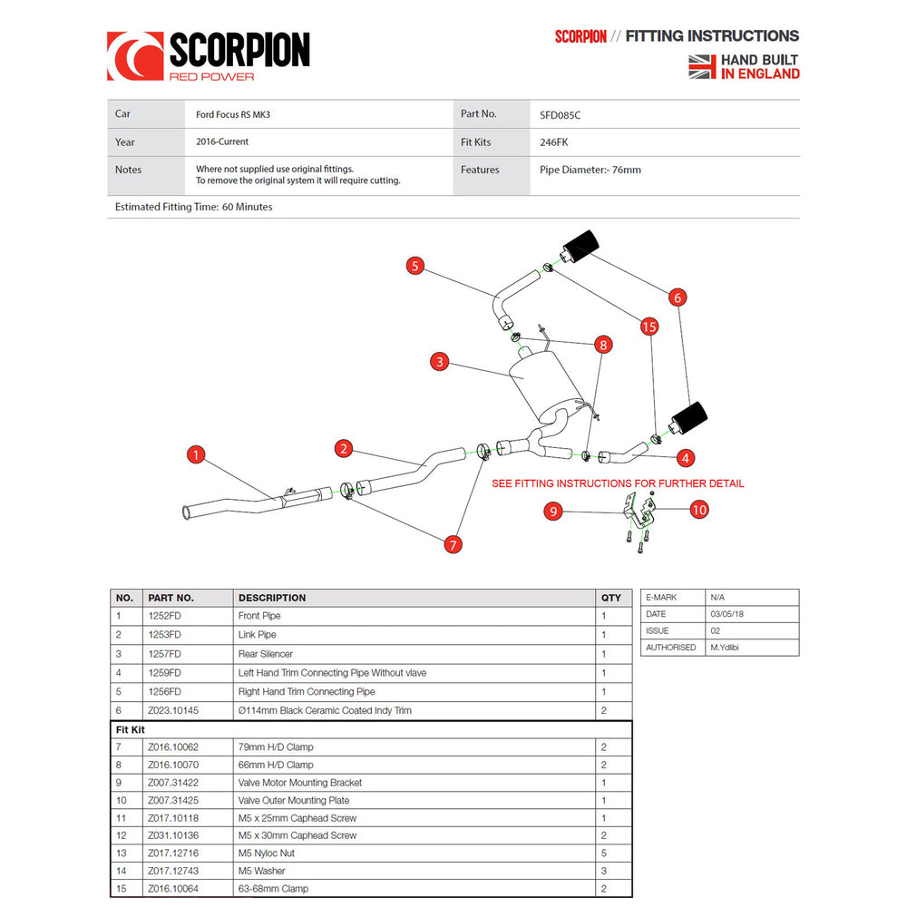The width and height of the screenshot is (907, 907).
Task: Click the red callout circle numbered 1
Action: coord(196,454)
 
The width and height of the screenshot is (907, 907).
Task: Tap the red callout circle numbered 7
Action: coord(453,544)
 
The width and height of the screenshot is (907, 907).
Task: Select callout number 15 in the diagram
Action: coord(649,327)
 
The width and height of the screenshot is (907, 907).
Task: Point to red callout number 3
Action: coord(440,362)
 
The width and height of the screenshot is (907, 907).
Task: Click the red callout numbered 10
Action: coord(698,510)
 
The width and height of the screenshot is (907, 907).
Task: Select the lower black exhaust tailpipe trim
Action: coord(689,418)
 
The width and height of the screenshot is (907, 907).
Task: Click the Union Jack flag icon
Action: coord(702,66)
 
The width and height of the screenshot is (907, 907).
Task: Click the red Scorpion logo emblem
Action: coord(135,56)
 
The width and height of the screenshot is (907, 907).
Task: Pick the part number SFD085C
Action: coord(560,115)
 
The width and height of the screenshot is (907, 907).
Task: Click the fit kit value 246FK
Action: coord(554,142)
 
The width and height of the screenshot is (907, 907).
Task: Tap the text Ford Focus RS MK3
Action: coord(233,114)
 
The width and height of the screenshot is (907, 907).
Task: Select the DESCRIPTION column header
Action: coord(272,598)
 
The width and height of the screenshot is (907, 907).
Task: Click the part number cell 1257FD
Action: coord(164,654)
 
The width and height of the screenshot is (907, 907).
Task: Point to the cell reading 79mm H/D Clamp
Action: coord(276,746)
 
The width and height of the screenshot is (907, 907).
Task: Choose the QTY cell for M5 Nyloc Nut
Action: coord(604,853)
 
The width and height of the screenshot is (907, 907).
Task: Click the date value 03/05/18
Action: coord(727,614)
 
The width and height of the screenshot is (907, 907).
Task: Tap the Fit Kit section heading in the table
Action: coord(130,729)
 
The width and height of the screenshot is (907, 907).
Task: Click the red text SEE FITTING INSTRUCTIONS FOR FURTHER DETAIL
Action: coord(618,483)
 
